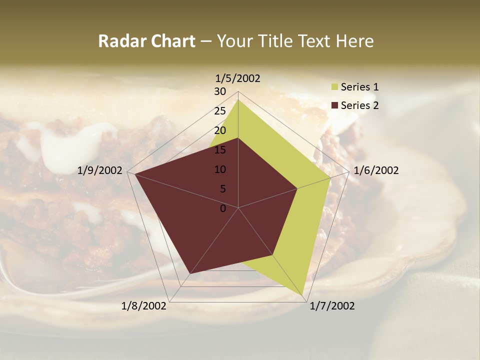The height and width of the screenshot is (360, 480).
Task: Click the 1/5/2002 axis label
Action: [x=237, y=78]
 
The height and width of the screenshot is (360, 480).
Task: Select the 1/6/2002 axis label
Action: [x=376, y=170]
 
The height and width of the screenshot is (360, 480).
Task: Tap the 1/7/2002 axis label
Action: [x=332, y=306]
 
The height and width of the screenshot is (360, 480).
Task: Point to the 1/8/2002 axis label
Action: [x=143, y=306]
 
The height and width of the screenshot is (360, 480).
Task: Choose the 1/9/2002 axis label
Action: [x=99, y=170]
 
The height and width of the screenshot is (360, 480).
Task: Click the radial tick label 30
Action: [x=220, y=91]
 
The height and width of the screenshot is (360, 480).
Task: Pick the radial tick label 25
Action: [x=220, y=111]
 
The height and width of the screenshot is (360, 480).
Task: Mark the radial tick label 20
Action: [x=220, y=130]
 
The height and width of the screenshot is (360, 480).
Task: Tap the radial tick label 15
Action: [x=220, y=150]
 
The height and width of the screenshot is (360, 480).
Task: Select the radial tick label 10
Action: [x=220, y=169]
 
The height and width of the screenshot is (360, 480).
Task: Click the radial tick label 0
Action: [x=223, y=208]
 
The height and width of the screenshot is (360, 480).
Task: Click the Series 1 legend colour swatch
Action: [x=334, y=87]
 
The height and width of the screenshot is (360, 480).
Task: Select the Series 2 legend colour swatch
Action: [x=334, y=106]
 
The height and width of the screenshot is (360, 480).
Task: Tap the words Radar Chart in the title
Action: [x=146, y=41]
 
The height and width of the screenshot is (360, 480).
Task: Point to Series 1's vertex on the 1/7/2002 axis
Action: [x=303, y=295]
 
